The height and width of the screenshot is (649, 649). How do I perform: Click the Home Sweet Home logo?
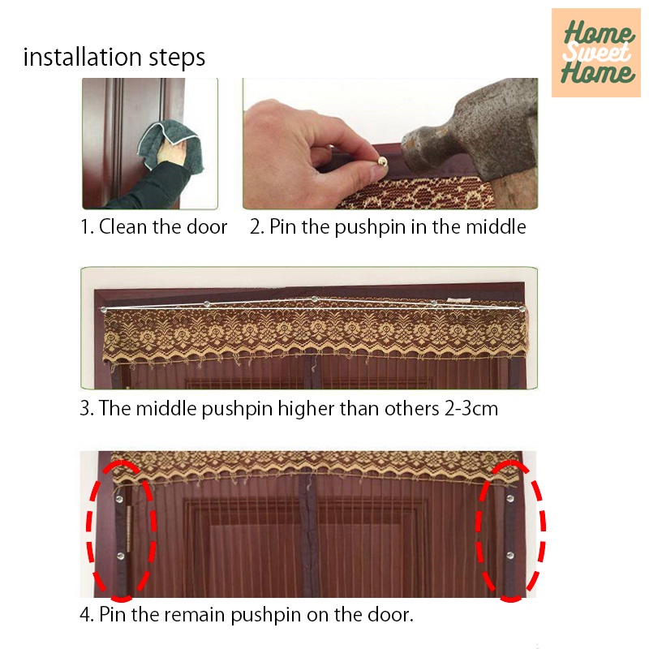pyautogui.click(x=596, y=53)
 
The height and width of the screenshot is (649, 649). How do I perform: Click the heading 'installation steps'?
pyautogui.click(x=114, y=57)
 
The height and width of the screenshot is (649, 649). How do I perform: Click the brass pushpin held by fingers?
pyautogui.click(x=381, y=161)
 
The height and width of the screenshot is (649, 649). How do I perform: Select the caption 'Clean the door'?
pyautogui.click(x=163, y=227)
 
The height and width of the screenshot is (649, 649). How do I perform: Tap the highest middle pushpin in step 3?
pyautogui.click(x=315, y=299)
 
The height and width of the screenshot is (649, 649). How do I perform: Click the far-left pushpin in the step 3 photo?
pyautogui.click(x=104, y=310)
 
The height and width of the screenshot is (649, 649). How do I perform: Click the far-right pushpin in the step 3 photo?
pyautogui.click(x=522, y=309)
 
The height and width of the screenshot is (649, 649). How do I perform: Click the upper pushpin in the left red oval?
pyautogui.click(x=119, y=499)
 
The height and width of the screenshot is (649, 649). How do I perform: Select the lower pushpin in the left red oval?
pyautogui.click(x=120, y=556)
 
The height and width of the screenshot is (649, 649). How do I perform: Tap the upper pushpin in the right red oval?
pyautogui.click(x=510, y=498)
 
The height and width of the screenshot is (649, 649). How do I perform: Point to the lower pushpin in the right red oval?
pyautogui.click(x=510, y=555)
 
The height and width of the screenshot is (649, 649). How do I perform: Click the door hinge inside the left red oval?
pyautogui.click(x=129, y=529)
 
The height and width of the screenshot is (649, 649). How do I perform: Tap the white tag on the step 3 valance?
pyautogui.click(x=458, y=299)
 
